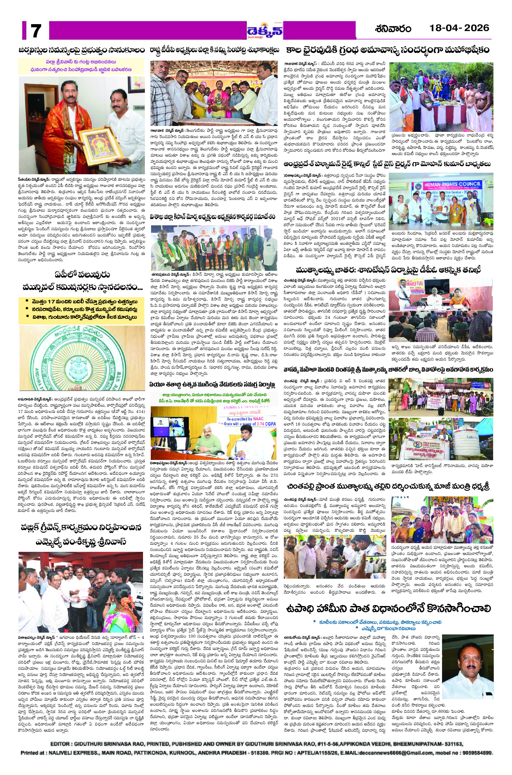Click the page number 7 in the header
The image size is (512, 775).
point(35,31)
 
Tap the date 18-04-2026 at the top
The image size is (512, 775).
point(459,28)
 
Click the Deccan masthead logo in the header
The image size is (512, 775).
point(264,31)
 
